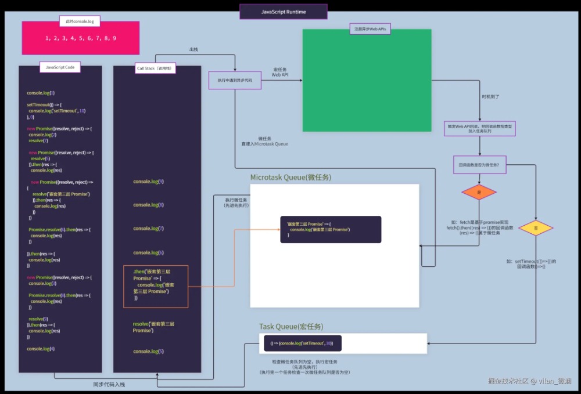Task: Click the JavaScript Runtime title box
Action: [284, 12]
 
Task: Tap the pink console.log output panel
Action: [81, 38]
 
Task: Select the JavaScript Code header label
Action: [60, 67]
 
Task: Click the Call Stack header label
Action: [156, 68]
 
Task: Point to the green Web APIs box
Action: [367, 80]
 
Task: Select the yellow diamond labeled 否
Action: [536, 228]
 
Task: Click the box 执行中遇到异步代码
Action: [235, 80]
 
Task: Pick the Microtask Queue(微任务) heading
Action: [290, 177]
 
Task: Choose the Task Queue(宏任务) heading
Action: [291, 327]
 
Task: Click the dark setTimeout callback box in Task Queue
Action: [302, 344]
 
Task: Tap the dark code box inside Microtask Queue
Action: [331, 229]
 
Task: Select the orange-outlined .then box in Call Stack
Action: [156, 286]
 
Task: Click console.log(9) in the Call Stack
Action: [148, 182]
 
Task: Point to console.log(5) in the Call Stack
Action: [148, 351]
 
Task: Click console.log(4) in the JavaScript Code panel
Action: [41, 348]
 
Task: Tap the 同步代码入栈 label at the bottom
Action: [109, 384]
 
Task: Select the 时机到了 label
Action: [491, 96]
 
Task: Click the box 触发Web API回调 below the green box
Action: [480, 129]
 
